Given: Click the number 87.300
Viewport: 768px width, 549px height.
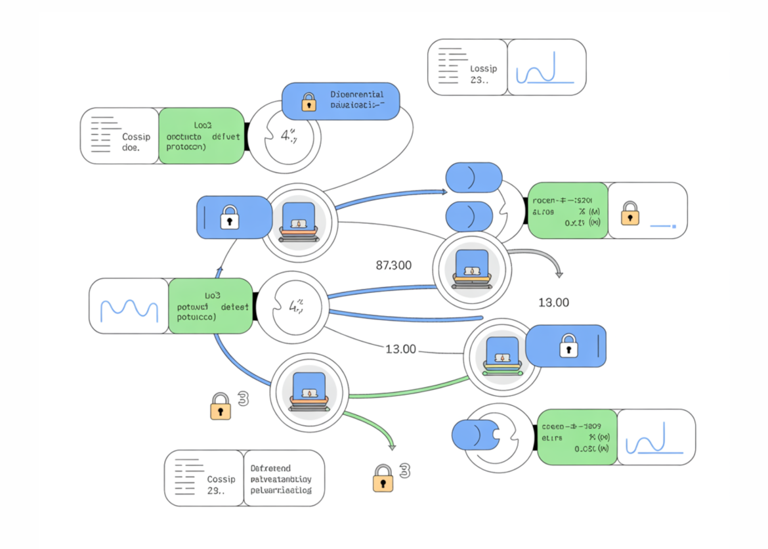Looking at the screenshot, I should [x=394, y=265].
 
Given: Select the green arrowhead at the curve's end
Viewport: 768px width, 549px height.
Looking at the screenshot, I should [x=392, y=447].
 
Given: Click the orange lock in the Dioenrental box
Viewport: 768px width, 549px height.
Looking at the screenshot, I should [x=308, y=101].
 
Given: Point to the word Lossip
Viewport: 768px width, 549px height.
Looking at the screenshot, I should [x=484, y=68].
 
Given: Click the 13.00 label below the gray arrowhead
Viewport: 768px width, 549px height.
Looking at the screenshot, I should [x=553, y=303].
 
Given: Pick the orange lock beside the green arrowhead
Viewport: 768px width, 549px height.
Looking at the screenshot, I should [x=383, y=479].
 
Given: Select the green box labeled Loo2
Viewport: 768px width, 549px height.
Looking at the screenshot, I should [x=202, y=135].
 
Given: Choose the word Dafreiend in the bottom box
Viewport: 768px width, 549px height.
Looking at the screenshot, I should [x=270, y=468].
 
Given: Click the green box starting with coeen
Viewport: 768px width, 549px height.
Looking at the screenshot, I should [x=576, y=437].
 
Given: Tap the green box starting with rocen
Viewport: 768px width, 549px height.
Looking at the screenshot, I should [x=567, y=210].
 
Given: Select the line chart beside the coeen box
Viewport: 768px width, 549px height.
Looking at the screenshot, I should [x=655, y=438].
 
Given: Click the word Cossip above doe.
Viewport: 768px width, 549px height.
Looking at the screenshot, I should [x=137, y=137].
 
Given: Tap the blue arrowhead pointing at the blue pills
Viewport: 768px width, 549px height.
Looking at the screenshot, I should [x=444, y=192].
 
